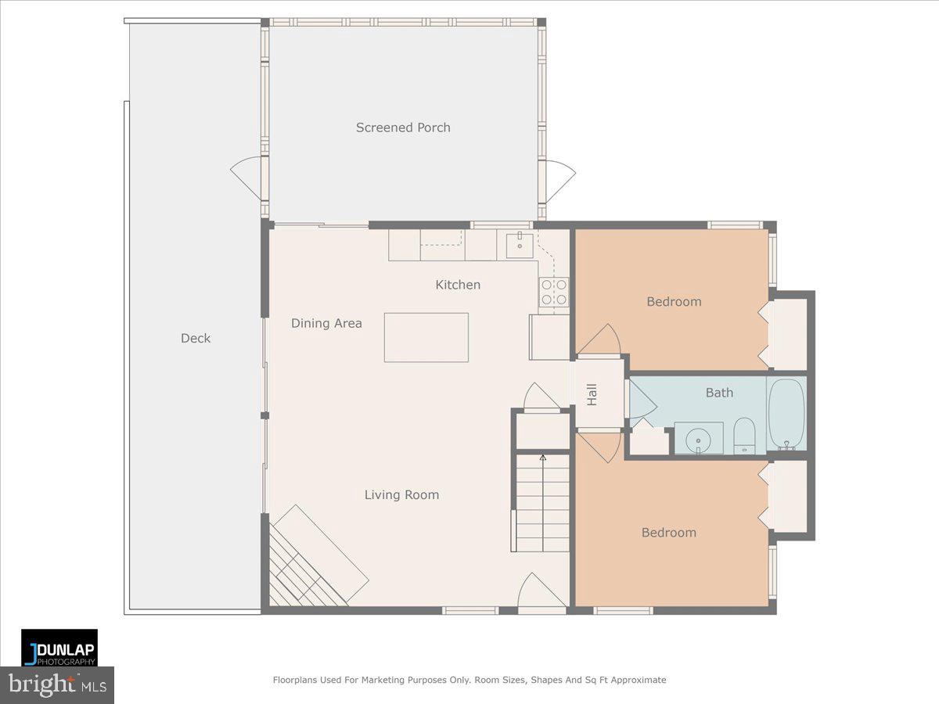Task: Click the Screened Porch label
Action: point(403,128)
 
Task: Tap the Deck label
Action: point(196,338)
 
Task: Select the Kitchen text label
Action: point(458,285)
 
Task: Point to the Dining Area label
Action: point(326,323)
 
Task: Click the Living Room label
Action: point(401,494)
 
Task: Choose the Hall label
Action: point(592,394)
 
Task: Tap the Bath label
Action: point(719,393)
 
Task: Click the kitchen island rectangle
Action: point(426,337)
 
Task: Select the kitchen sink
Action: point(519,245)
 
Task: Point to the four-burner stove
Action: point(553,292)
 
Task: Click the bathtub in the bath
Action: point(786,415)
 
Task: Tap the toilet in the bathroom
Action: point(743,435)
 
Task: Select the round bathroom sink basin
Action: point(697,440)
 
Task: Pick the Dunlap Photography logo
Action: point(59,648)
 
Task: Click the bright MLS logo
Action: point(56,685)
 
